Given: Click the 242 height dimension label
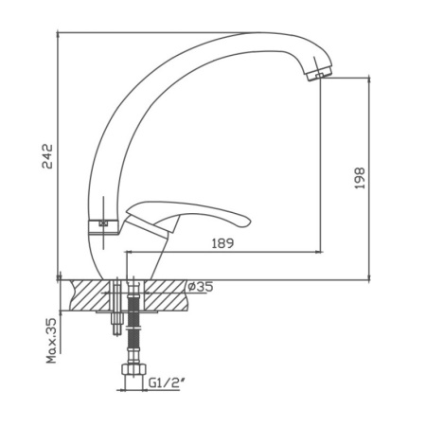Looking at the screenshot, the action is click(x=47, y=156).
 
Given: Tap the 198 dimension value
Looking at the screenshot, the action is click(x=360, y=178).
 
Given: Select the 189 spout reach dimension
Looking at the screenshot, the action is click(x=222, y=243).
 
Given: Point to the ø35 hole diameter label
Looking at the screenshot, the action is click(x=201, y=287).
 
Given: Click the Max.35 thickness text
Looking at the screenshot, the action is click(x=51, y=341).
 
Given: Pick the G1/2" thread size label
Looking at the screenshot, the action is click(x=167, y=382).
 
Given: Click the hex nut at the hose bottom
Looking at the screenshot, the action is click(x=133, y=369).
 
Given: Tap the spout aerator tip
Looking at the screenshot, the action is click(x=319, y=74).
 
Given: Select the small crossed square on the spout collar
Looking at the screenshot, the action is click(x=103, y=223).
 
